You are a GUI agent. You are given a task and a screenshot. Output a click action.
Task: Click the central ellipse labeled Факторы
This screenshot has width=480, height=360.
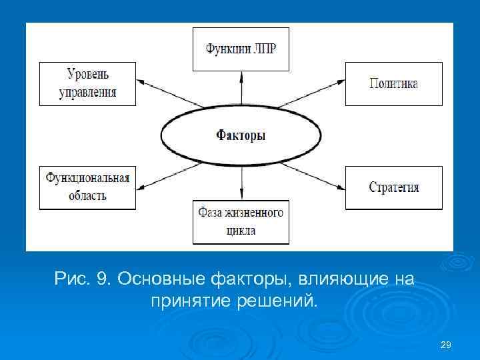tap(241, 135)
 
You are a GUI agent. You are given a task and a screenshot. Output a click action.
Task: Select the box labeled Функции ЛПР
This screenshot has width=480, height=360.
tap(241, 49)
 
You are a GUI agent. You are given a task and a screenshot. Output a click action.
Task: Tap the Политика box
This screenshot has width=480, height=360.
tap(393, 83)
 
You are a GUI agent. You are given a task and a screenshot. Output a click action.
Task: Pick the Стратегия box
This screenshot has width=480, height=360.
tap(393, 187)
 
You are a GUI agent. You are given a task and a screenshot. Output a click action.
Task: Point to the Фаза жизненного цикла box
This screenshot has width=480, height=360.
tap(241, 221)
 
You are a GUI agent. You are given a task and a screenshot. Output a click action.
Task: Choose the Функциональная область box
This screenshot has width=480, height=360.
tap(87, 187)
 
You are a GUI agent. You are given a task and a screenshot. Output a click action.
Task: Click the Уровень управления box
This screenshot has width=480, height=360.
tap(87, 83)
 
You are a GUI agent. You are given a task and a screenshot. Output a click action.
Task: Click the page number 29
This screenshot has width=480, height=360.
tap(446, 345)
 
